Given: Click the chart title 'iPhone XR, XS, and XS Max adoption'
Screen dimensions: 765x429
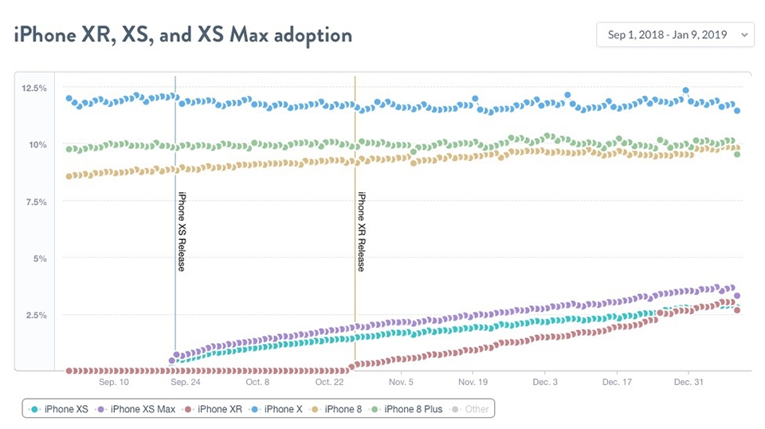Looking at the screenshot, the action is (x=183, y=35).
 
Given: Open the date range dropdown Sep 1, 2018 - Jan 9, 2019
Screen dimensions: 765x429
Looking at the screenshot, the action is (x=675, y=34).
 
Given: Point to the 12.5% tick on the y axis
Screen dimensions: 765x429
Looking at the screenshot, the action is (x=34, y=89).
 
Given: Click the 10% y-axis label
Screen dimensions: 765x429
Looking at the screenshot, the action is (x=37, y=145).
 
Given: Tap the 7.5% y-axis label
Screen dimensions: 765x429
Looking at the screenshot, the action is (x=37, y=202).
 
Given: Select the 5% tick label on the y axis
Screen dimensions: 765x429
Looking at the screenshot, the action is (x=40, y=258).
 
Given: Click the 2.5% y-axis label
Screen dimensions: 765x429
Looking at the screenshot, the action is (x=37, y=315).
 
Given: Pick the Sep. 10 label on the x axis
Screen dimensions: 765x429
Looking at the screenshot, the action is (x=114, y=382).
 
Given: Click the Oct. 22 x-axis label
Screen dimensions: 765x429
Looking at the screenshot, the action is (x=329, y=382).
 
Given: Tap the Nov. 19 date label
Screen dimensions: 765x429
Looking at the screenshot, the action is (x=473, y=382).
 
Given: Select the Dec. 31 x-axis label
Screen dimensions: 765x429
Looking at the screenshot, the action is (x=688, y=382).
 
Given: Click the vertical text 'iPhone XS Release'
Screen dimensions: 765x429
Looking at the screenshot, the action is (x=182, y=231).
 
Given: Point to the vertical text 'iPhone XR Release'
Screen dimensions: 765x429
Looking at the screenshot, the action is (x=362, y=231).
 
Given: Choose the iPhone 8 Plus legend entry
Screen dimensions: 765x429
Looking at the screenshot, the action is (x=407, y=410).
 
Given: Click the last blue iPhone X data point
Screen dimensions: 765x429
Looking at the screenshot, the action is (x=737, y=111).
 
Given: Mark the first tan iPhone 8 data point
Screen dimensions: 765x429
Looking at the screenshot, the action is (x=69, y=176).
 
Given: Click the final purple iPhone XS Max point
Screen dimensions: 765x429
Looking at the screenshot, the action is (x=737, y=296).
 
